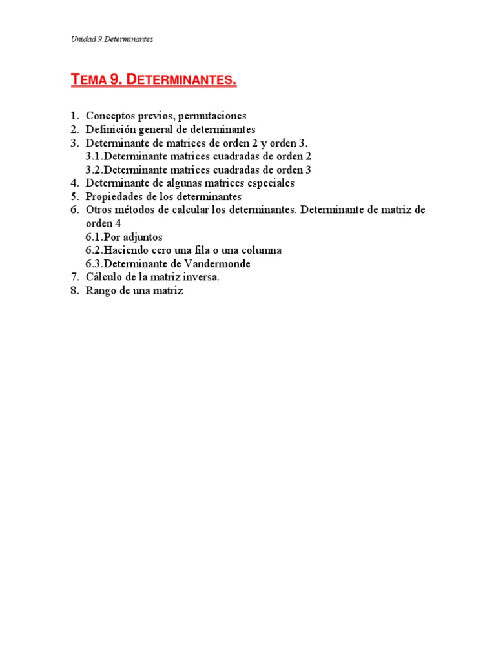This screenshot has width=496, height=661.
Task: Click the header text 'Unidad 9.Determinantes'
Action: (112, 39)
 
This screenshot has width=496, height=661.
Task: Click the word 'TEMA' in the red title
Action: (89, 80)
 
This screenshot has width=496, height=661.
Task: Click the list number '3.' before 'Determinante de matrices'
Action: (74, 143)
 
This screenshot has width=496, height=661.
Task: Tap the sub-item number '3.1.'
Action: (94, 156)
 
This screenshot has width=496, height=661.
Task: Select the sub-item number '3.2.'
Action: (94, 170)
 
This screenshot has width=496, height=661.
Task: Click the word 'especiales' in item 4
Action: (269, 183)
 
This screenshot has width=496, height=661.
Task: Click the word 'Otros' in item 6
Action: (99, 210)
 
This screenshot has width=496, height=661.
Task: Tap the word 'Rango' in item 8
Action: (100, 291)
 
